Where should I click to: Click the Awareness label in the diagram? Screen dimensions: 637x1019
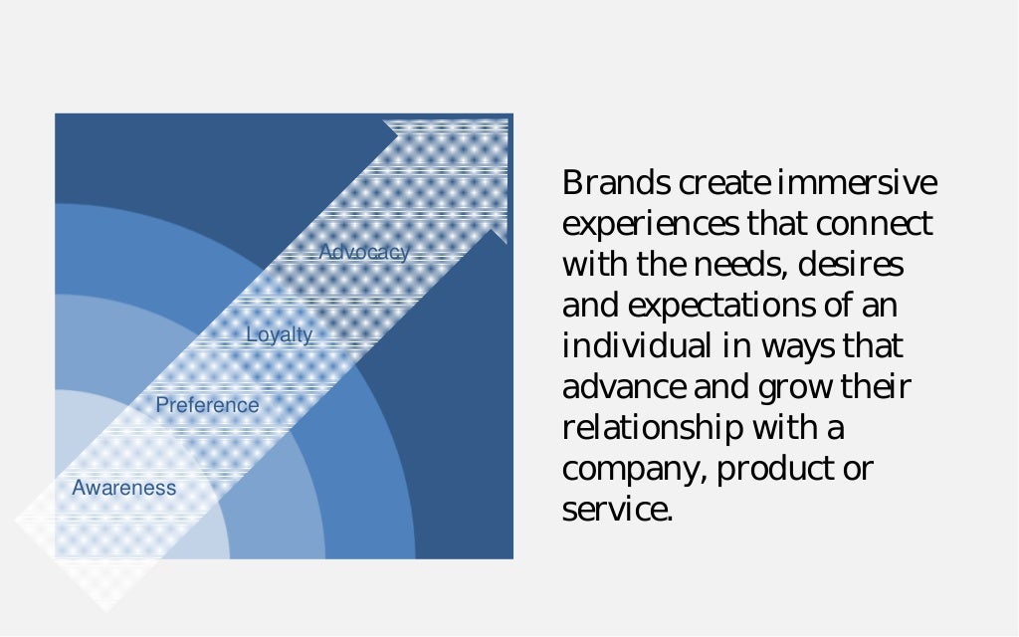coord(123,488)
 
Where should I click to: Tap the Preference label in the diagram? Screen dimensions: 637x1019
coord(207,405)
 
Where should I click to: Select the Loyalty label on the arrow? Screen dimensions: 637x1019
coord(279,335)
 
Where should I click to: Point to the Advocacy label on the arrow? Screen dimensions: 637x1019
coord(363,253)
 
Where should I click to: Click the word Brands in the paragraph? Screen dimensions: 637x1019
coord(616,184)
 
